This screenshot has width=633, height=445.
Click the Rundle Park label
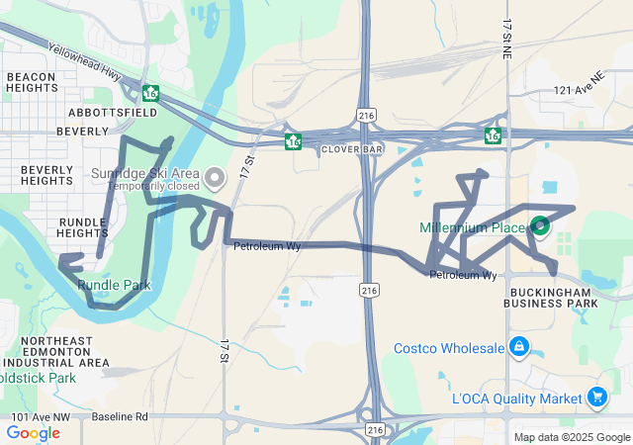click(x=114, y=285)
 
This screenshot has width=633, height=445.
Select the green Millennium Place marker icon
click(x=540, y=226)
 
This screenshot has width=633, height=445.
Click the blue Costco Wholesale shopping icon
click(x=518, y=347)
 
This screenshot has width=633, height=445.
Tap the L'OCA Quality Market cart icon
click(x=596, y=398)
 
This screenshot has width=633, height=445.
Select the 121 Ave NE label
click(x=579, y=89)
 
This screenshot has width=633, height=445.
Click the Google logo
click(x=33, y=433)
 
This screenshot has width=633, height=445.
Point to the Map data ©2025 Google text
click(x=572, y=437)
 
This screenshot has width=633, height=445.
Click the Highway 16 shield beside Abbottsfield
click(x=150, y=93)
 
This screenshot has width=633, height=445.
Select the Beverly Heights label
click(x=46, y=175)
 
